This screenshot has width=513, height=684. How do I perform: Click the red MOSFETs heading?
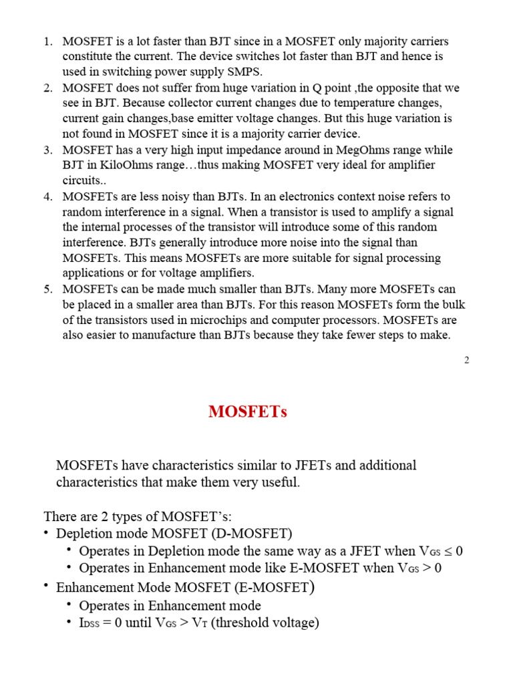248,411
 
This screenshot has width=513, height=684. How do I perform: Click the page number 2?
466,361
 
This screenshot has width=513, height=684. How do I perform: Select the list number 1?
47,41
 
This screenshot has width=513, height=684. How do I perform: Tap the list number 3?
47,150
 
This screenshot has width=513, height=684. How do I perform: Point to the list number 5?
47,289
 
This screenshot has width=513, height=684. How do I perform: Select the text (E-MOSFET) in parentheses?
272,588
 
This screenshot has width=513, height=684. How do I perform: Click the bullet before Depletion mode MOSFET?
45,533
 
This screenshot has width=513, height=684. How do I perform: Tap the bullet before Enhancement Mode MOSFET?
45,587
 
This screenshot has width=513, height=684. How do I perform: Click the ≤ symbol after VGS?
448,551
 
